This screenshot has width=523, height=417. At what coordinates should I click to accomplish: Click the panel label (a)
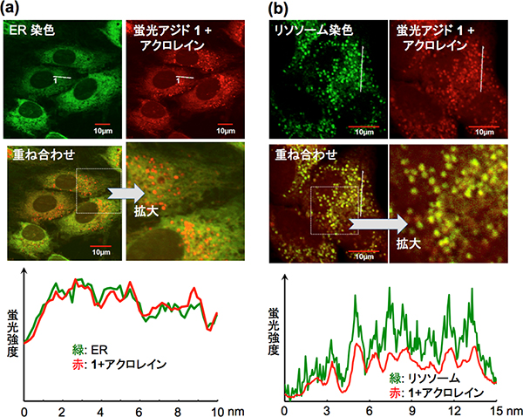click(x=16, y=10)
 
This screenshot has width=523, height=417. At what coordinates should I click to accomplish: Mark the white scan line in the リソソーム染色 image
click(x=361, y=69)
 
